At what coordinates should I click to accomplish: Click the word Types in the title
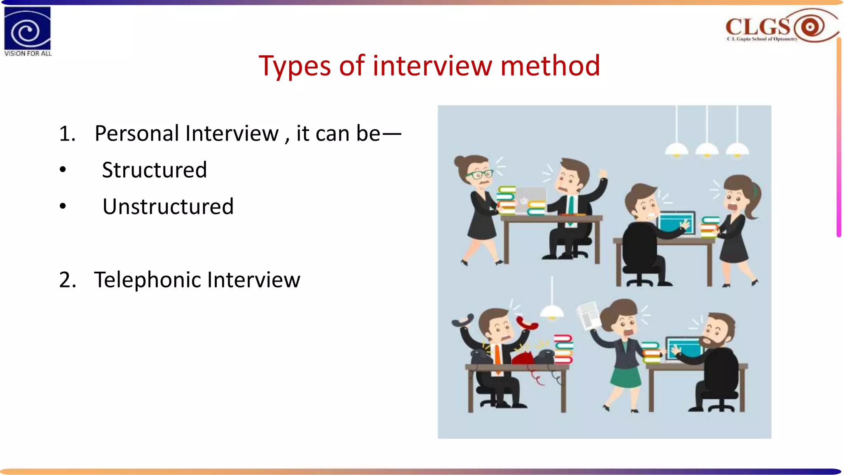click(294, 66)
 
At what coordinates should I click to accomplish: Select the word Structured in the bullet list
click(155, 170)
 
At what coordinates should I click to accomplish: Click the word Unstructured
click(168, 207)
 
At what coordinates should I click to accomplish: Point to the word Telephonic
click(147, 280)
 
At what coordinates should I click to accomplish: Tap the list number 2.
click(67, 280)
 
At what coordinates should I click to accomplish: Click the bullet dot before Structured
click(63, 170)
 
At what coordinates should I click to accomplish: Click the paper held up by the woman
click(588, 315)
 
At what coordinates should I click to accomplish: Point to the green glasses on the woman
click(479, 174)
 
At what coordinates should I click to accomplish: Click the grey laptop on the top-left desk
click(530, 200)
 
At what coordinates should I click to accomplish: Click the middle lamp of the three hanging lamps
click(707, 149)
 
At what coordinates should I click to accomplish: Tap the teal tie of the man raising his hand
click(571, 206)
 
